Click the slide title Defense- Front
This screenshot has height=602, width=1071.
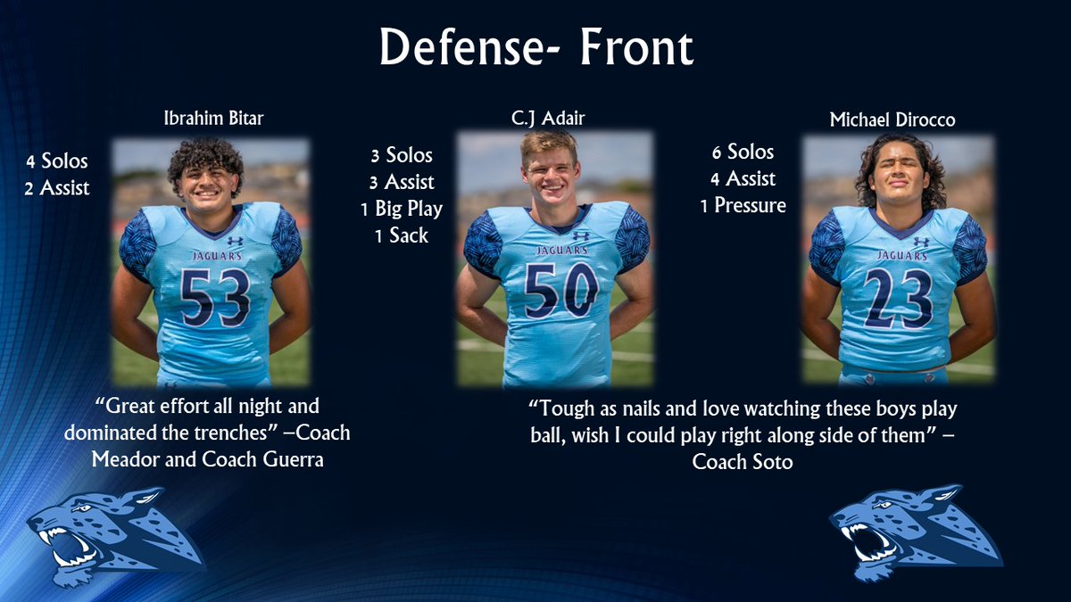click(535, 48)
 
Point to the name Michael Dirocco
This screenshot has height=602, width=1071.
click(892, 120)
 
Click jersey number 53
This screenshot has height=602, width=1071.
click(214, 298)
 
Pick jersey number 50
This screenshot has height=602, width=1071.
click(560, 291)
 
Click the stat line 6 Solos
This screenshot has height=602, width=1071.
click(737, 152)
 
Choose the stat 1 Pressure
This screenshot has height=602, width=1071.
click(743, 205)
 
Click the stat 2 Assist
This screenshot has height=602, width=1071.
click(59, 187)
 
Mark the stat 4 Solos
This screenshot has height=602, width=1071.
click(58, 161)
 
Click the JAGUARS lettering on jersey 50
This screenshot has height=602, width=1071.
click(562, 250)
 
